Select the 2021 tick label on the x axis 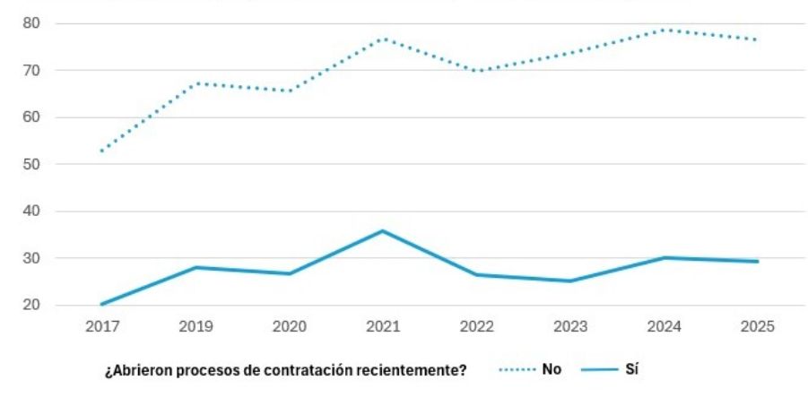pyautogui.click(x=382, y=326)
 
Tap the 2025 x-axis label pyautogui.click(x=757, y=326)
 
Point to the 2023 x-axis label pyautogui.click(x=569, y=326)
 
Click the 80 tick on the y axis pyautogui.click(x=35, y=23)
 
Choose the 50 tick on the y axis pyautogui.click(x=35, y=164)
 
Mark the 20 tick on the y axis pyautogui.click(x=35, y=305)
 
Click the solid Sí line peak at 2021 pyautogui.click(x=382, y=230)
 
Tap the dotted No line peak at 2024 pyautogui.click(x=664, y=30)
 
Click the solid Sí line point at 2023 pyautogui.click(x=569, y=281)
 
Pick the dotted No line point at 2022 pyautogui.click(x=476, y=71)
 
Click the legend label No pyautogui.click(x=551, y=370)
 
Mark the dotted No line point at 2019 pyautogui.click(x=195, y=83)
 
